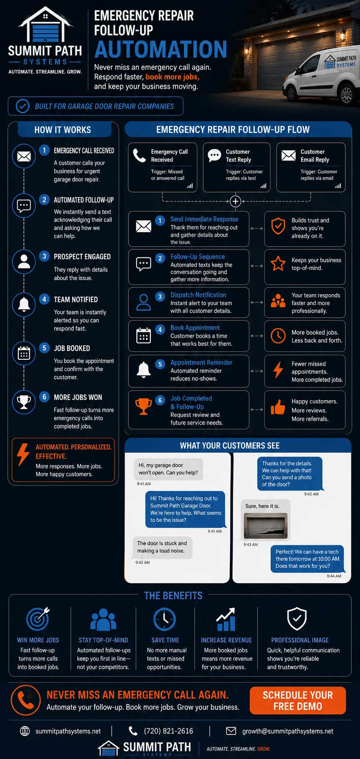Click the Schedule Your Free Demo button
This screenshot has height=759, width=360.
[297, 700]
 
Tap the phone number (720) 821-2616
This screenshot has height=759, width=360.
[168, 731]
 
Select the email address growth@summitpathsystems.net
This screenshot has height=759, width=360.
[287, 731]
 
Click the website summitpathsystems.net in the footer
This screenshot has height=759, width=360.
[68, 731]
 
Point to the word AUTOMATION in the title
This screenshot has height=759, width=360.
[161, 49]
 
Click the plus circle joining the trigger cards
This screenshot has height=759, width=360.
[235, 201]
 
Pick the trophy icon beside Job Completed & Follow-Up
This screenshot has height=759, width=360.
[143, 406]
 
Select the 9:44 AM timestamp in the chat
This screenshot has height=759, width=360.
[334, 576]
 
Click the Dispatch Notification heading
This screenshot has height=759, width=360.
[198, 295]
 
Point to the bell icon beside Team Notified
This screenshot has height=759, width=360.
[24, 304]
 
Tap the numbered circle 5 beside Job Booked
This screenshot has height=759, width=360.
[44, 348]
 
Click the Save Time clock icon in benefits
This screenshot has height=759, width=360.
[165, 619]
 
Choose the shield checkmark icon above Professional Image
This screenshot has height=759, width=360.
[297, 619]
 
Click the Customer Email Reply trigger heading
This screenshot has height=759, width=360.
[315, 155]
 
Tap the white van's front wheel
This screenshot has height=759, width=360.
[347, 94]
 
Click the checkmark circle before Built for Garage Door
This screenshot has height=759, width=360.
[22, 106]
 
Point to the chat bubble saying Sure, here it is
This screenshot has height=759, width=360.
[262, 506]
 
